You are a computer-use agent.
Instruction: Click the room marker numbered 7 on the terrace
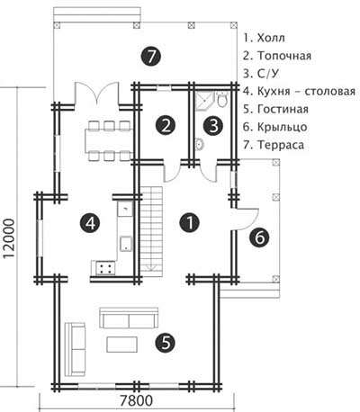point(151,56)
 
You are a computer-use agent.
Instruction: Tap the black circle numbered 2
point(166,126)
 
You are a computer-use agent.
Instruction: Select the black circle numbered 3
point(213,126)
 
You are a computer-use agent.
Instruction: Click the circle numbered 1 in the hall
point(189,223)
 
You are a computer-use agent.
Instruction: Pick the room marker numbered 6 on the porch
point(259,237)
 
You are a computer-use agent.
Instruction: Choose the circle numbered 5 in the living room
point(166,342)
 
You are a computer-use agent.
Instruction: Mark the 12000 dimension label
point(9,238)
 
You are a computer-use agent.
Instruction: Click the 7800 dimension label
point(137,400)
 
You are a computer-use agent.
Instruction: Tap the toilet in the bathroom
point(222,100)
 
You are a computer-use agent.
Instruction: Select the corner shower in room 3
point(205,102)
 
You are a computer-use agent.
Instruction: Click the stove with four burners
point(105,267)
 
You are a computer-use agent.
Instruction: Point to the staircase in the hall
point(152,229)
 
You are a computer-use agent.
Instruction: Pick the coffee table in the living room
point(121,345)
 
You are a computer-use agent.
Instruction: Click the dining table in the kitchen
point(109,140)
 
